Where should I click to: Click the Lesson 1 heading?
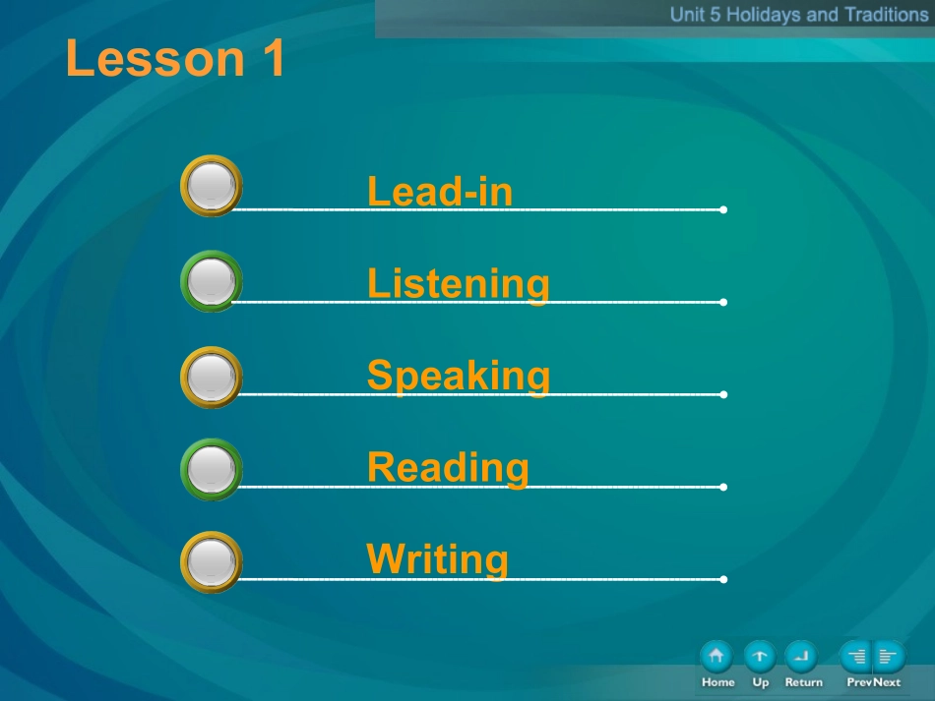point(175,58)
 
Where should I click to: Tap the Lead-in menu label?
point(440,191)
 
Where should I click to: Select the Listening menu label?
point(458,284)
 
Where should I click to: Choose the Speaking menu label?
point(458,377)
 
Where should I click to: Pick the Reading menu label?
point(448,468)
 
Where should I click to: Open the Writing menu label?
point(437,559)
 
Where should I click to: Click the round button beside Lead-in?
point(211,186)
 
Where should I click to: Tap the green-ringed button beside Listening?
point(211,281)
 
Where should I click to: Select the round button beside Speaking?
point(211,377)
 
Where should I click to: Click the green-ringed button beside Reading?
point(211,469)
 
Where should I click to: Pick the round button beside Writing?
point(211,562)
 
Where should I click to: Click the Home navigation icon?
point(717,657)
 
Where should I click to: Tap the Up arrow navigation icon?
point(760,657)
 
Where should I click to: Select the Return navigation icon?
point(801,657)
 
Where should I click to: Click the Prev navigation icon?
point(855,657)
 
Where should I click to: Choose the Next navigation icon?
point(890,657)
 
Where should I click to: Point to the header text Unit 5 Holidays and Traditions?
point(799,15)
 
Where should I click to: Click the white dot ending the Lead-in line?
point(723,209)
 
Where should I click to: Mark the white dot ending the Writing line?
point(723,579)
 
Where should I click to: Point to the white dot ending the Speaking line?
point(723,394)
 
